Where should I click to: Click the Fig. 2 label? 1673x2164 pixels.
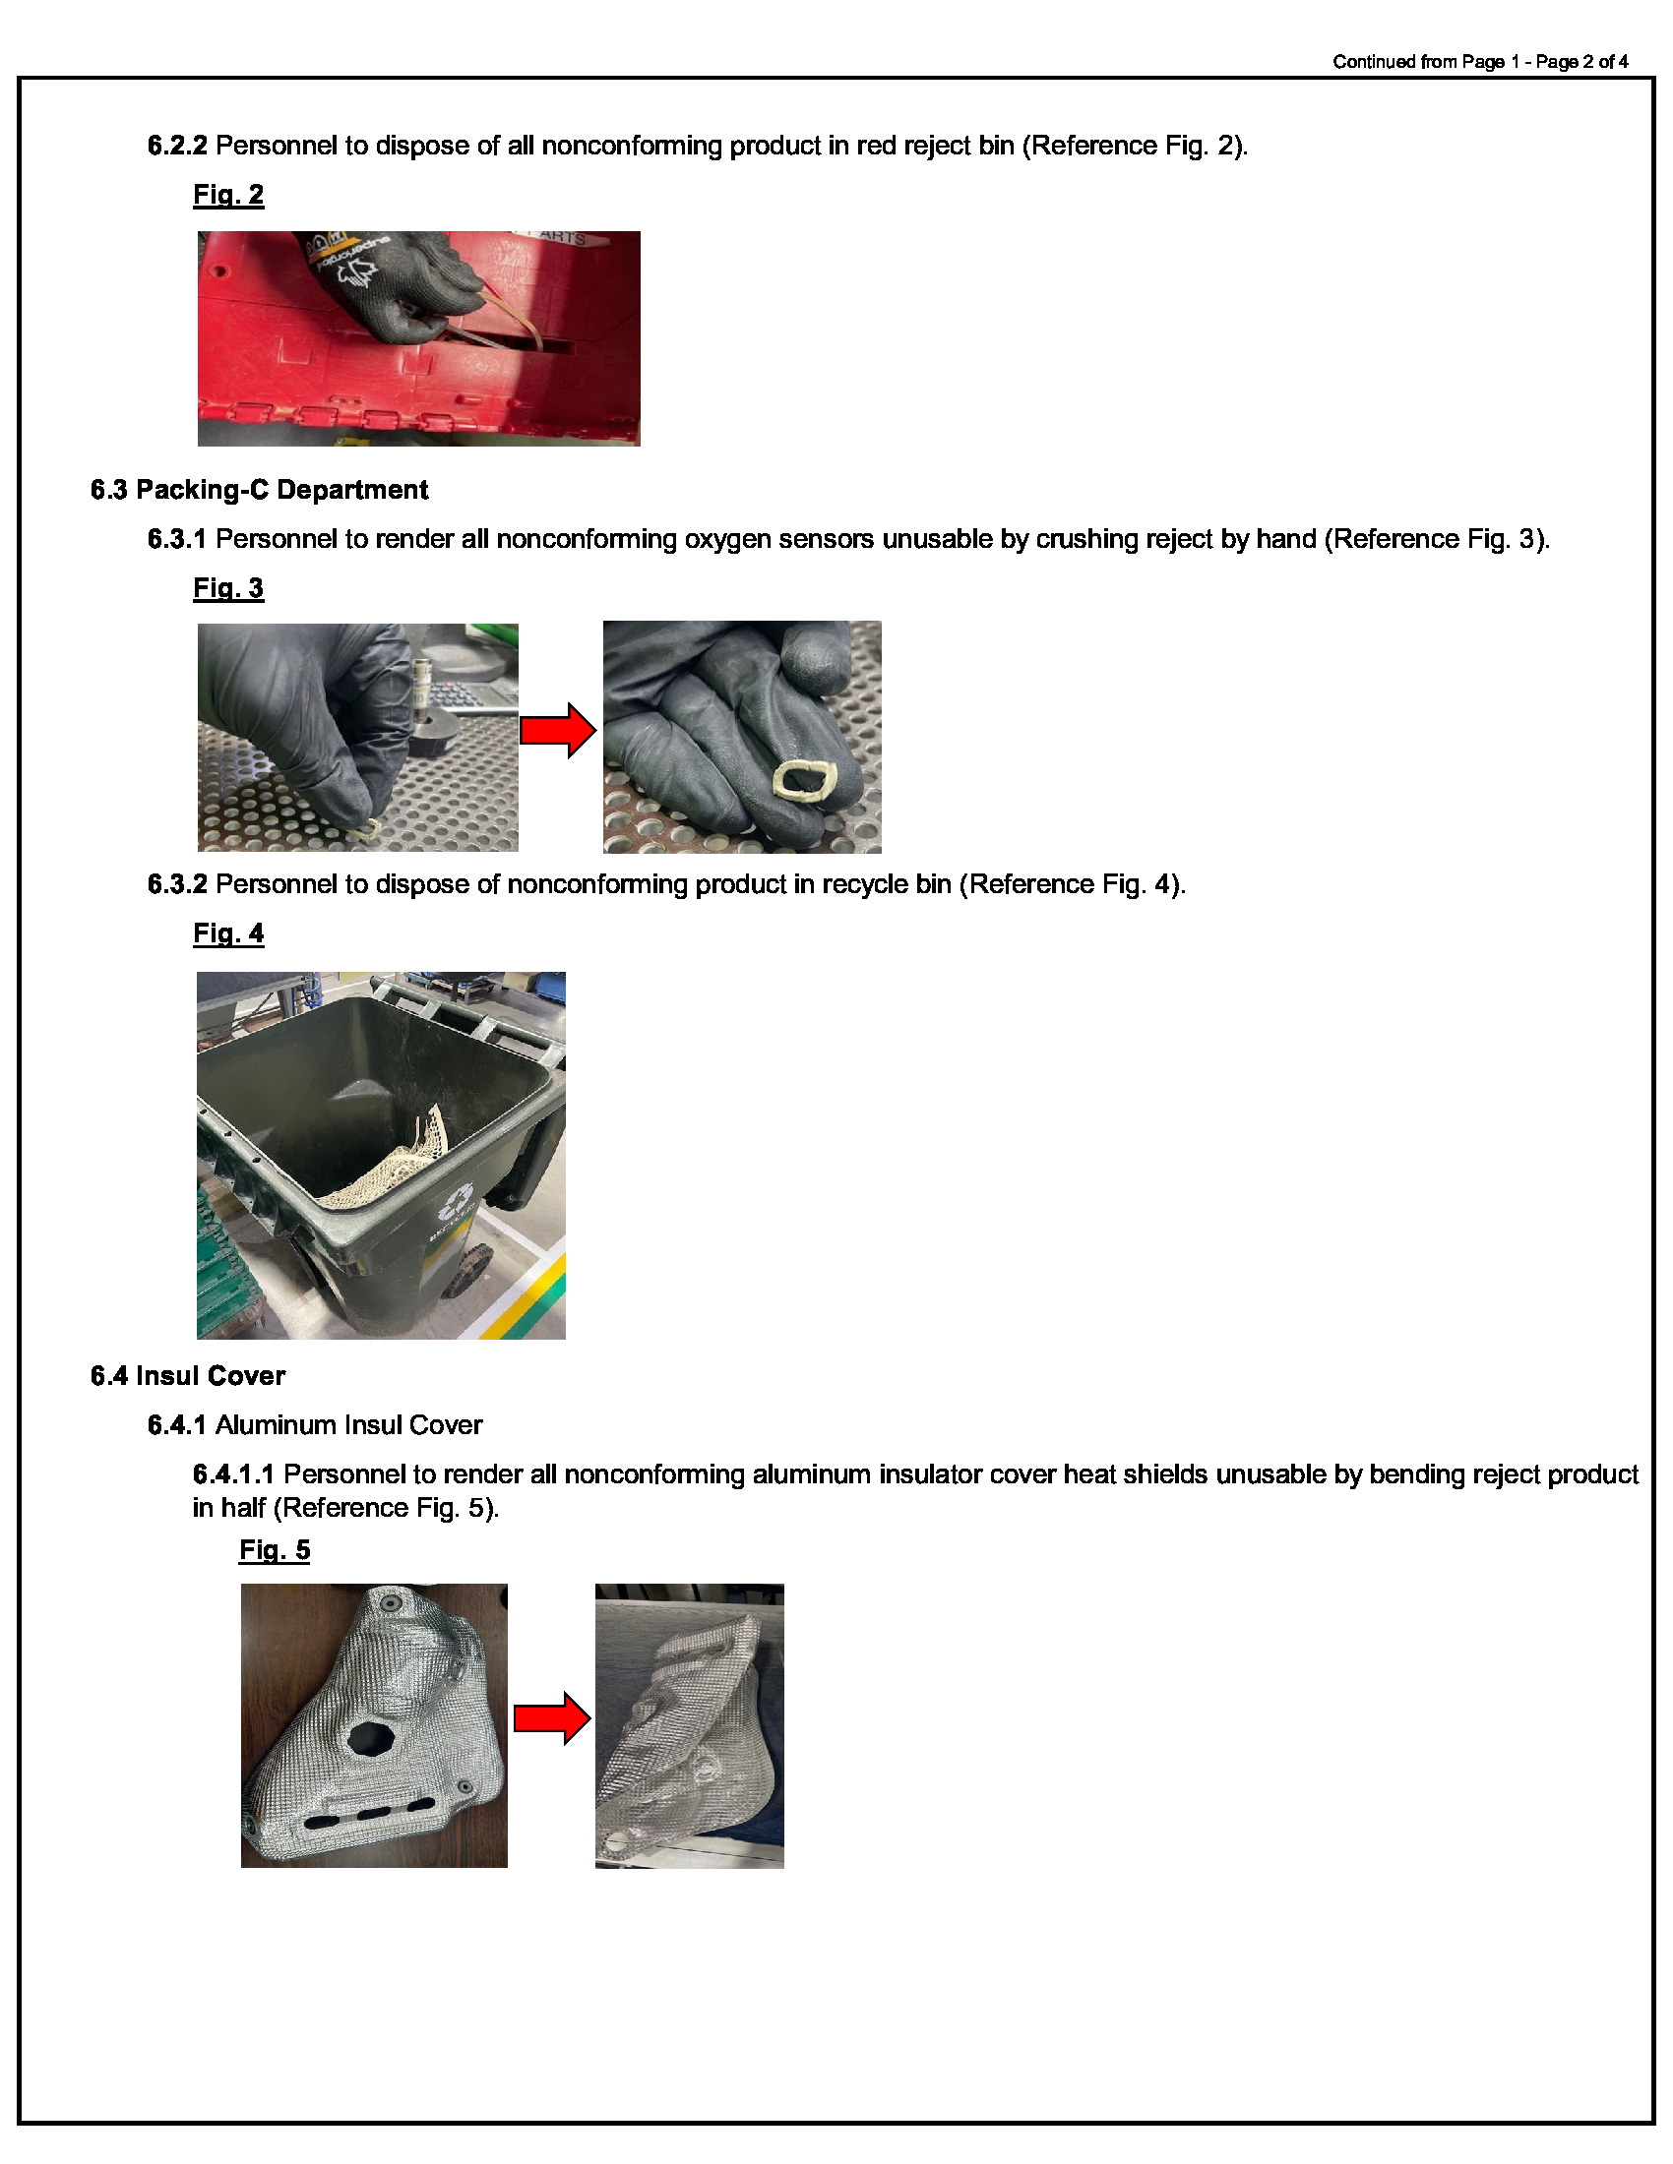tap(228, 194)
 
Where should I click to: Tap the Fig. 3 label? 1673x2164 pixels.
tap(228, 587)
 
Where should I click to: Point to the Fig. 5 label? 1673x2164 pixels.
tap(275, 1549)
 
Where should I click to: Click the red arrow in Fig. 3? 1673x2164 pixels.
tap(558, 731)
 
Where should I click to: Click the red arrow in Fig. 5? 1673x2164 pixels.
tap(552, 1718)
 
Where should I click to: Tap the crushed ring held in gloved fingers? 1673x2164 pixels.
tap(804, 780)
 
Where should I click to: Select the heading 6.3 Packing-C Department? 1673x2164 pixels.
tap(259, 490)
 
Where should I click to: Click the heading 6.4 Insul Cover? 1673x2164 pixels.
tap(187, 1375)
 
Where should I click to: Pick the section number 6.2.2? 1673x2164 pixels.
tap(177, 146)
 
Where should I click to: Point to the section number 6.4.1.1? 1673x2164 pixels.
tap(233, 1474)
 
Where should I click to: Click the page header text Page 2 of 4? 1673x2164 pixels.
tap(1580, 61)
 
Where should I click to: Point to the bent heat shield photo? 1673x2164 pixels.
tap(689, 1726)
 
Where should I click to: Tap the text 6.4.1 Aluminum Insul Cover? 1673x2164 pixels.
tap(314, 1425)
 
